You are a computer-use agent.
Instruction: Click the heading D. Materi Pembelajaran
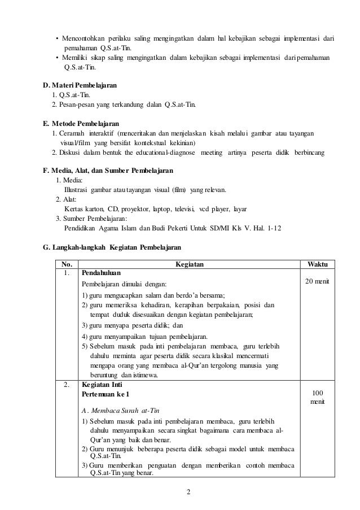80,85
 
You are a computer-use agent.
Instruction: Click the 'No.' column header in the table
67,264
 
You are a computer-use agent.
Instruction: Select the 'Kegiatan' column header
190,264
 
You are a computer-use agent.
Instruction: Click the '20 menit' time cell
318,281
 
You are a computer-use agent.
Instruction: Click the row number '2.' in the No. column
67,385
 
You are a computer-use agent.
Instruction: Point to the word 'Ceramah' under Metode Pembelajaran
71,133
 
